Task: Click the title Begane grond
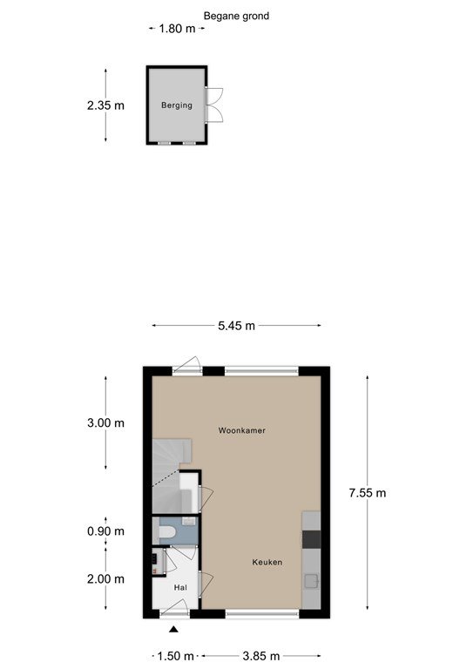[x=236, y=17]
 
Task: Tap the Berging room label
[x=177, y=105]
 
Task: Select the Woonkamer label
[x=242, y=430]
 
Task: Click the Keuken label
[x=267, y=562]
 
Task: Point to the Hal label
[x=180, y=587]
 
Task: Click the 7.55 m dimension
[x=368, y=493]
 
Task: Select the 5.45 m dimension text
[x=236, y=326]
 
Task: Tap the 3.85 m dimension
[x=261, y=656]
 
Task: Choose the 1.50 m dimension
[x=175, y=656]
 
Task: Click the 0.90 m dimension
[x=105, y=531]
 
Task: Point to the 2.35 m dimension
[x=105, y=105]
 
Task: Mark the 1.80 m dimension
[x=177, y=29]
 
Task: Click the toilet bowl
[x=166, y=532]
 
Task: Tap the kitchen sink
[x=311, y=581]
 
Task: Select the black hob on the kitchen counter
[x=311, y=539]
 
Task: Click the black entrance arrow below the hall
[x=173, y=629]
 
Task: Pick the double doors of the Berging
[x=213, y=105]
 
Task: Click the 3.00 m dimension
[x=105, y=422]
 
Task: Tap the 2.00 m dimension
[x=105, y=579]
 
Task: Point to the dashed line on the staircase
[x=166, y=478]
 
